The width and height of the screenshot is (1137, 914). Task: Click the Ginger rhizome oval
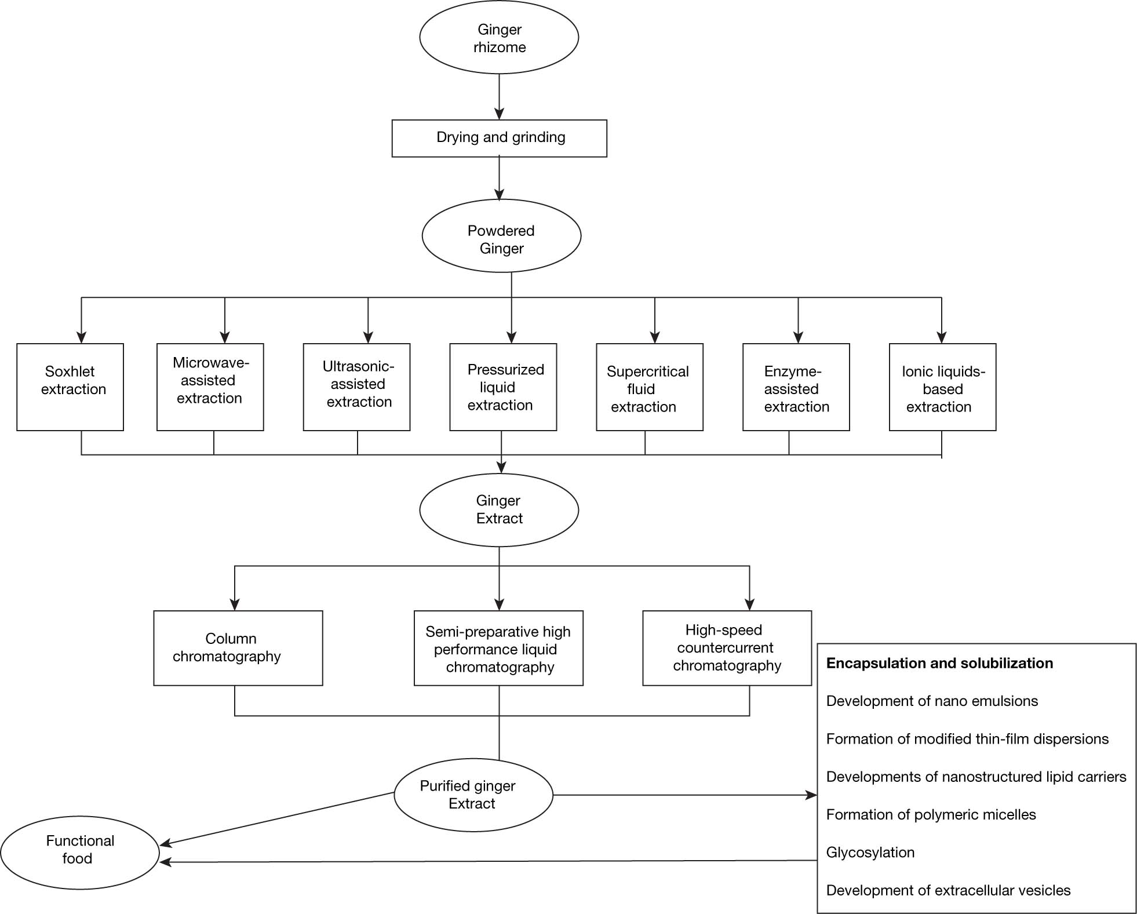point(499,38)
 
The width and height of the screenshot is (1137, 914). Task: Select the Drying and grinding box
point(499,138)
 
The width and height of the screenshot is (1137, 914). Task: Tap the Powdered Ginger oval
point(501,236)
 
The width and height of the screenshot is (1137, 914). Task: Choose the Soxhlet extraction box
point(70,387)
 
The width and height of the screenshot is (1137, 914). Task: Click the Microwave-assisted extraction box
point(210,387)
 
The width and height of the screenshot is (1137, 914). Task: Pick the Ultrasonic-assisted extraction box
point(357,387)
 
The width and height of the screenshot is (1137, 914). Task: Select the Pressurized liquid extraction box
point(503,387)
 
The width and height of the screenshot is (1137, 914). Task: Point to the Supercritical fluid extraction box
point(650,387)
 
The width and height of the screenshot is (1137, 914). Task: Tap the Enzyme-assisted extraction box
point(796,387)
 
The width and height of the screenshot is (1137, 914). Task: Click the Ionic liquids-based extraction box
point(943,387)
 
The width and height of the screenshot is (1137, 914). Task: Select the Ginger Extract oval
point(499,510)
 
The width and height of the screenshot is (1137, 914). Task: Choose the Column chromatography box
point(238,648)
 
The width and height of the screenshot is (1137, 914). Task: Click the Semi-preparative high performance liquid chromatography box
point(498,648)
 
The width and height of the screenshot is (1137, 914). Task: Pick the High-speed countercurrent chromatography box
point(727,648)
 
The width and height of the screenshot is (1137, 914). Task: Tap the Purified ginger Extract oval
point(473,795)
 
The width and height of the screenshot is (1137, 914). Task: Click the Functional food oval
point(80,853)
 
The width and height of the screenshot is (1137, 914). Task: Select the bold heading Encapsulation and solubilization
point(939,663)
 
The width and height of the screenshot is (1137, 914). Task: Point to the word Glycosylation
point(870,853)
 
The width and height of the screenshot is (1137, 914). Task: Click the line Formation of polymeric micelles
point(931,814)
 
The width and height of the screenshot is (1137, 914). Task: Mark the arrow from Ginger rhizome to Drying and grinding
point(499,97)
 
